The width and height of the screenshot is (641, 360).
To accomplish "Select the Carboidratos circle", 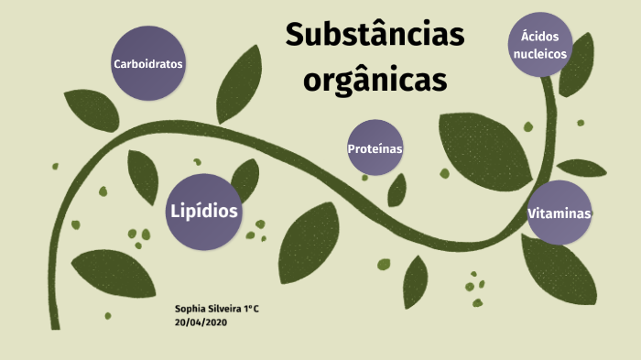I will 148,64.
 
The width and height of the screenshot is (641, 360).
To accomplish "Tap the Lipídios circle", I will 204,211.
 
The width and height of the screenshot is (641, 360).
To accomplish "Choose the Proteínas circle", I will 375,147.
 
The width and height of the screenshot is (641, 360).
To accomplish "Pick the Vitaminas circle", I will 559,213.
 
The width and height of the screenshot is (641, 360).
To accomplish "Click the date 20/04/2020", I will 200,322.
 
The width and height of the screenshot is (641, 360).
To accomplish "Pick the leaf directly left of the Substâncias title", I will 240,84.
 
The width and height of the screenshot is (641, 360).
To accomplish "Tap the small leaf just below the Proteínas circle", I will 397,190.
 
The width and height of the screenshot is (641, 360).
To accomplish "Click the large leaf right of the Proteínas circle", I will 485,146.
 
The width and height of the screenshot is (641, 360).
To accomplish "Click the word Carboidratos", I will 148,65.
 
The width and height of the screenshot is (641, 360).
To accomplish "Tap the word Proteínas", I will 375,148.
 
